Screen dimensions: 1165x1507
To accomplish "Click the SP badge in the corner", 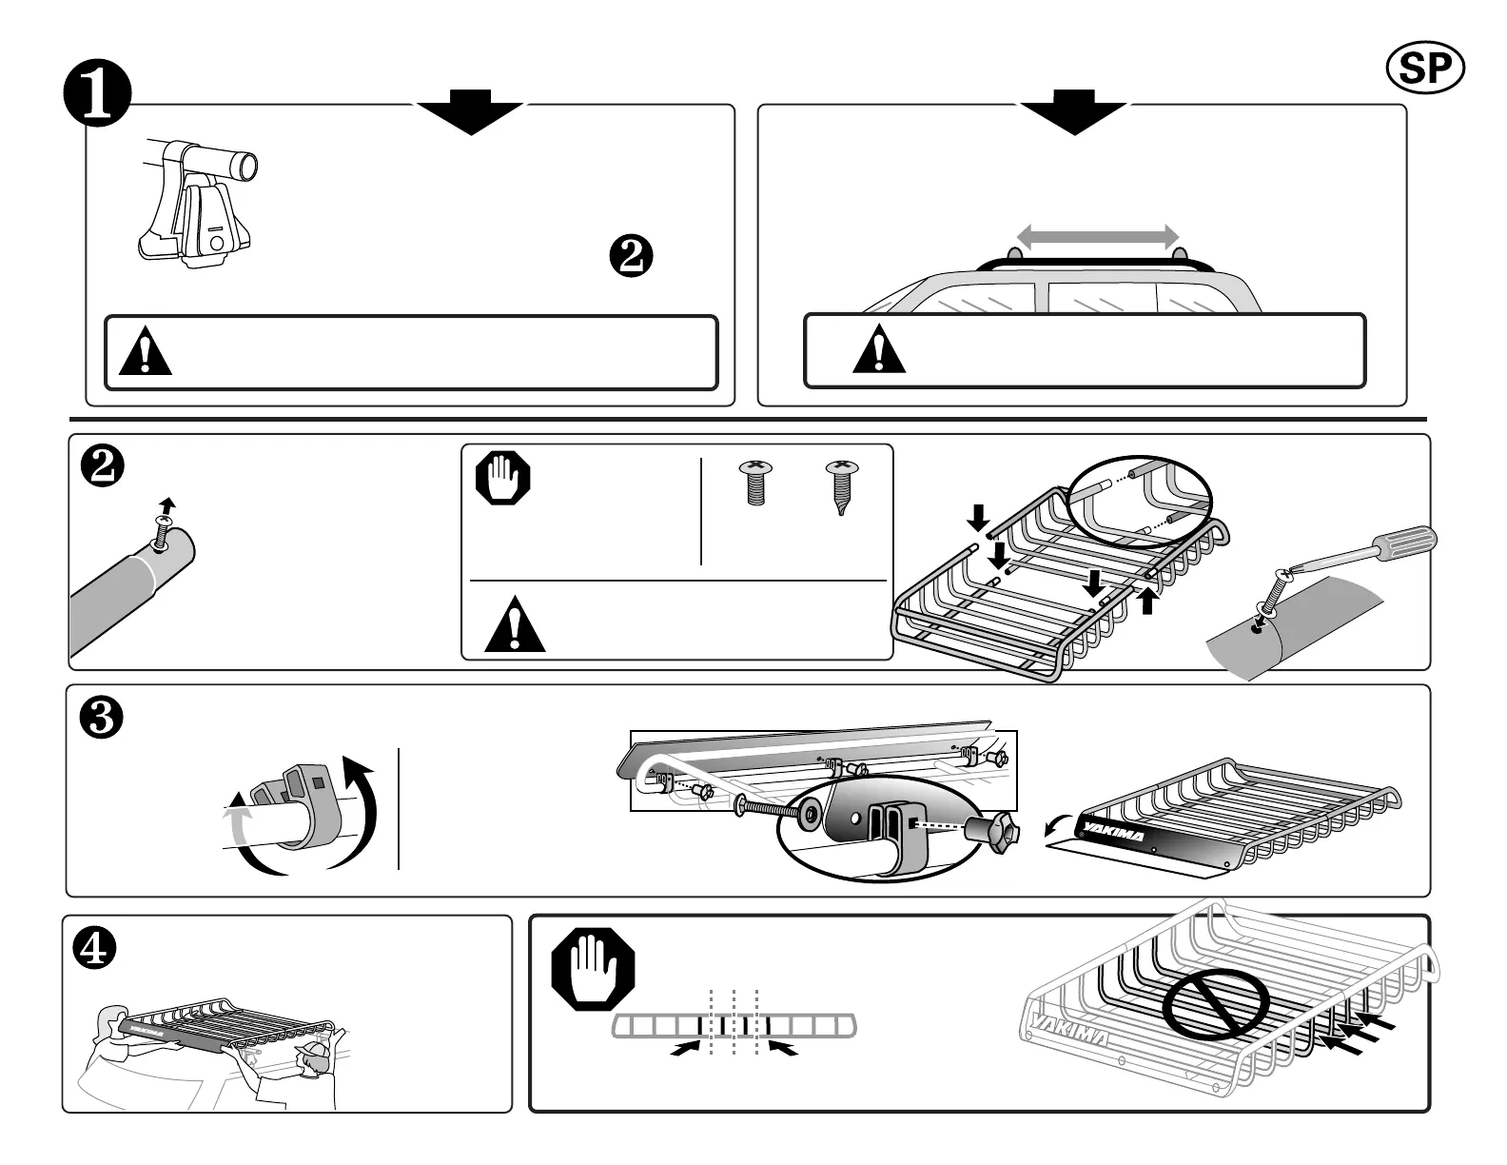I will coord(1425,67).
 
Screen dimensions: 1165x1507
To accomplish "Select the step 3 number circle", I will coord(100,721).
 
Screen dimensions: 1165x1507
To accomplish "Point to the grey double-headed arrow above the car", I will coord(1097,235).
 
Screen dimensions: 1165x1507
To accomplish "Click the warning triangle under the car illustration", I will coord(879,349).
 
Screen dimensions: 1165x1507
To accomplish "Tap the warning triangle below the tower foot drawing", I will coord(147,351).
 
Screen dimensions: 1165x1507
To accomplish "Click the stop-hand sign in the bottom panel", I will coord(592,971).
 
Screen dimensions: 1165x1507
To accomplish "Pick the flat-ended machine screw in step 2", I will coord(755,484).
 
